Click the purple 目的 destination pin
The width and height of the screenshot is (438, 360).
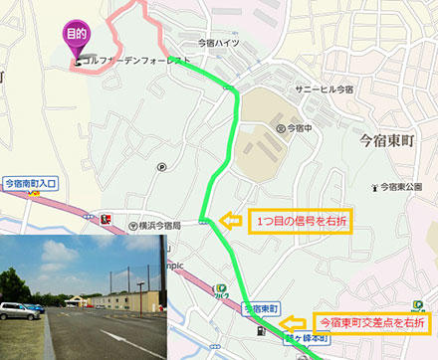point(76,35)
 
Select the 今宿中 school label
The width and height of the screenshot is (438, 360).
point(296,128)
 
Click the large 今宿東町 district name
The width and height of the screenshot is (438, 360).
point(395,141)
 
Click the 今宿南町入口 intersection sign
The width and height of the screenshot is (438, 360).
point(31,183)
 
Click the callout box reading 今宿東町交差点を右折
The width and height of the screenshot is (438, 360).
point(370,323)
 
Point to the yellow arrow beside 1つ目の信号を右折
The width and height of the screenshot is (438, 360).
point(229,221)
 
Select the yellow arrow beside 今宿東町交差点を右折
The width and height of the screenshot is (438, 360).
point(293,323)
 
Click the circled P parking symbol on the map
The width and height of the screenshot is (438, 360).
point(161,166)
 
